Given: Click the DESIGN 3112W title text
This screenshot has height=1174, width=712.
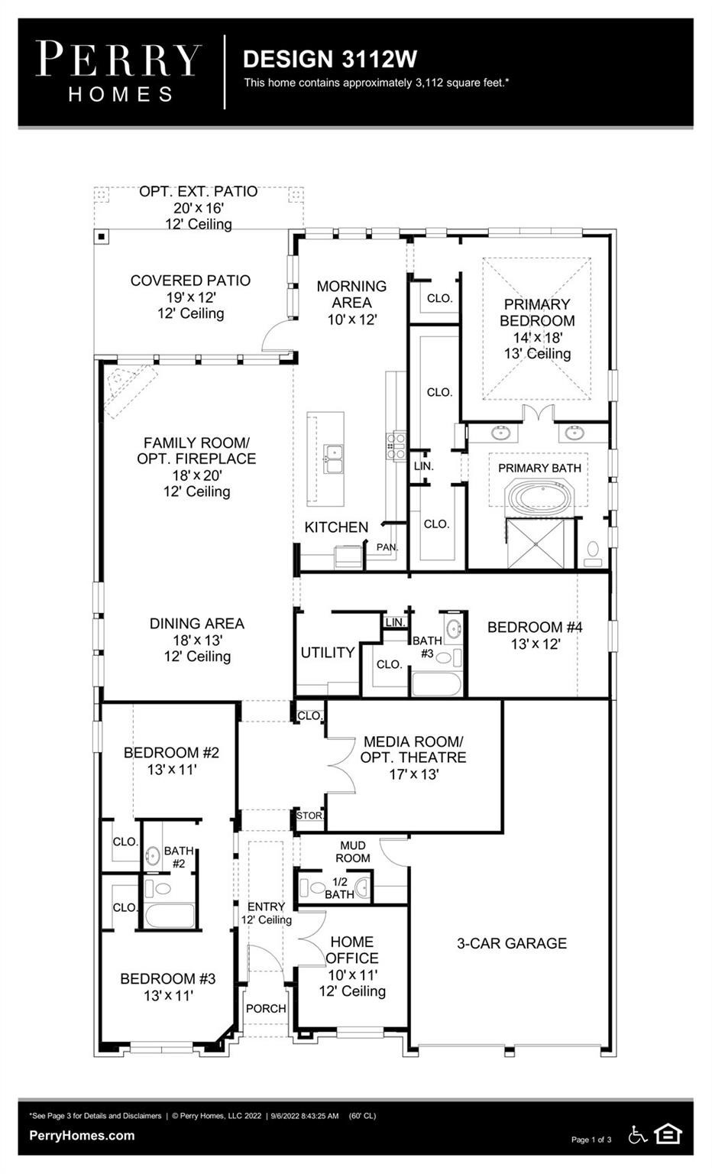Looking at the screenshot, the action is (x=329, y=59).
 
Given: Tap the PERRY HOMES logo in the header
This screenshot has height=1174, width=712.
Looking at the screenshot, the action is (x=119, y=72).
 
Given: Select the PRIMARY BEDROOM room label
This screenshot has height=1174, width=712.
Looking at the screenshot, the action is (x=537, y=313).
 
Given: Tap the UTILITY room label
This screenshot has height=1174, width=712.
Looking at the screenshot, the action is (x=328, y=652).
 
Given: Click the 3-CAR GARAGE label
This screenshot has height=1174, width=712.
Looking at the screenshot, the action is (x=512, y=943).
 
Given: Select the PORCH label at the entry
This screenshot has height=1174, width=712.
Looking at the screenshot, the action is (x=266, y=1008).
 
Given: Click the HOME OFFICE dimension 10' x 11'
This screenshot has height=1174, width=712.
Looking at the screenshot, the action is (x=353, y=975).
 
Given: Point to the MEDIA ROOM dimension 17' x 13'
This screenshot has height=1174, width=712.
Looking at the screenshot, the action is (x=413, y=774).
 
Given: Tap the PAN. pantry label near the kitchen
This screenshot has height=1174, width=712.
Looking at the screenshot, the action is (x=387, y=547).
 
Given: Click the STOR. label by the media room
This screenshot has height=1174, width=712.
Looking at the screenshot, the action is (x=309, y=816).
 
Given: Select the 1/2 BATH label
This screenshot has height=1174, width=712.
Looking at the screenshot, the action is (x=339, y=888).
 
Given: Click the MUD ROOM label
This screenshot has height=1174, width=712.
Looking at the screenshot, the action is (x=353, y=851).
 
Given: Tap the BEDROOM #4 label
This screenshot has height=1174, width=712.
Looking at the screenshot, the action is (x=535, y=627).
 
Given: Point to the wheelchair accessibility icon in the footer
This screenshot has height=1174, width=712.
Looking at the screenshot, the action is (x=638, y=1135).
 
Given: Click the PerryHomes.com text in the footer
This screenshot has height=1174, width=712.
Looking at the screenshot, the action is (x=82, y=1136).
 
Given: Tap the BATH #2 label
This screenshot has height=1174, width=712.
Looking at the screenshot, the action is (x=179, y=857).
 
